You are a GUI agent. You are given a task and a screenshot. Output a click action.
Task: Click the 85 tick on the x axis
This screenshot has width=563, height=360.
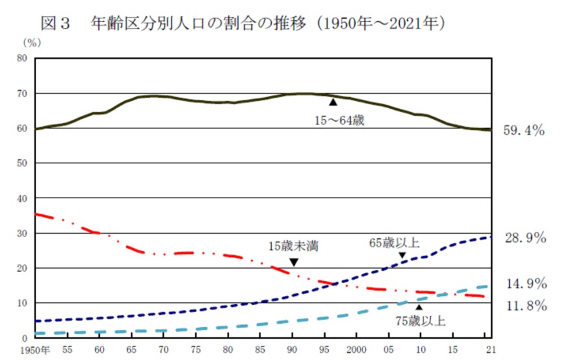(260, 350)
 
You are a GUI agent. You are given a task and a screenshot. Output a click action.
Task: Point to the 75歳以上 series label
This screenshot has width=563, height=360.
(421, 321)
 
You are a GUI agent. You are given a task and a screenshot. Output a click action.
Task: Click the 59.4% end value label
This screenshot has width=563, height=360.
(525, 130)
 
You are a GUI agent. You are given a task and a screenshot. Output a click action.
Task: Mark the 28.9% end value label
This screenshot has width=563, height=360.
(525, 238)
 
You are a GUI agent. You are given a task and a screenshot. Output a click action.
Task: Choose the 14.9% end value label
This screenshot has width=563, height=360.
(525, 284)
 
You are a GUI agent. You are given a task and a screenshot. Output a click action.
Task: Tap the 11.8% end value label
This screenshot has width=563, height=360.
(525, 305)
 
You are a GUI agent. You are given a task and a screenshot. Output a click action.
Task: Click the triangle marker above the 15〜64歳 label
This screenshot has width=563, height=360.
(333, 102)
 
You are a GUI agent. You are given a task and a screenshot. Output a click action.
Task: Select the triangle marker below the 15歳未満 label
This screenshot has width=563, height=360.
(293, 262)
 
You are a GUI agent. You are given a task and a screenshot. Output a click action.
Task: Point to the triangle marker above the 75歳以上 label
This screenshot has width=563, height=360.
(419, 307)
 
